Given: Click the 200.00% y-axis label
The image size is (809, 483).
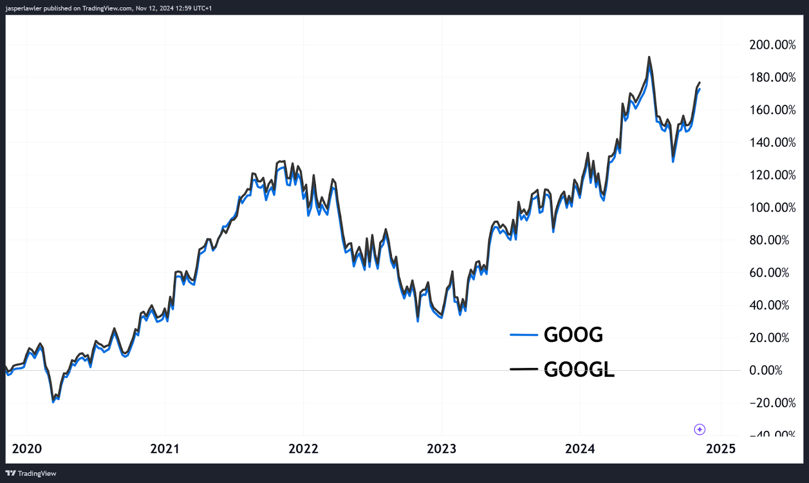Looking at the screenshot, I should (772, 45).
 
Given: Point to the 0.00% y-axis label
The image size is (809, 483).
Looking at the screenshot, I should (766, 371).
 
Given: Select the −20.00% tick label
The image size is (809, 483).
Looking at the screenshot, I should (772, 403).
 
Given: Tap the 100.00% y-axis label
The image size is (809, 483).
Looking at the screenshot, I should (772, 208).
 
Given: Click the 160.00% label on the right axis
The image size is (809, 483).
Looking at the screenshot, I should (772, 110).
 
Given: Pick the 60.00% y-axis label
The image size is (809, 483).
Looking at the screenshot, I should (769, 273).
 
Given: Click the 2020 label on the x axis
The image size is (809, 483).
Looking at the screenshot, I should (27, 449).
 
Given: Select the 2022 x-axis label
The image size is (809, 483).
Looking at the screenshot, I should (303, 449).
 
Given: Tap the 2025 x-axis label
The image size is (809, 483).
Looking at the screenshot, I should (721, 449).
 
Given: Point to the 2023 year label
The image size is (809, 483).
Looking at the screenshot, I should (441, 449).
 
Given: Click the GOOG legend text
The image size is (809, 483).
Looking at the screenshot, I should (573, 335).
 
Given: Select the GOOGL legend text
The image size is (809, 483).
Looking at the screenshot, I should (579, 370).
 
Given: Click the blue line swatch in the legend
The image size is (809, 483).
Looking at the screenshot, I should (523, 335).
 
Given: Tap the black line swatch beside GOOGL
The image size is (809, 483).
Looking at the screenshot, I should (523, 369).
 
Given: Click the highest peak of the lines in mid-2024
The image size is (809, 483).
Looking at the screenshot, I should (649, 57).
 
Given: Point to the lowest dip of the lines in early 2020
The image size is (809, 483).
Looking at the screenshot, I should (54, 401).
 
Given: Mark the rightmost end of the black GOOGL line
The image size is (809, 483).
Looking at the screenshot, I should (700, 82).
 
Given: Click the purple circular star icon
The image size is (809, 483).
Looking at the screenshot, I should (699, 429).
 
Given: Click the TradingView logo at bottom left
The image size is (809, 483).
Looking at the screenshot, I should (31, 473).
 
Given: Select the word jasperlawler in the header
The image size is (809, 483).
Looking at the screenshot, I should (23, 8).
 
